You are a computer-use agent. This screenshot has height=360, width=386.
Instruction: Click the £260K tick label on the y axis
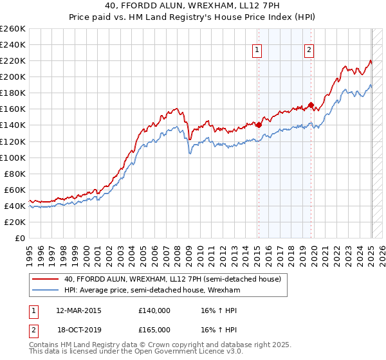13,29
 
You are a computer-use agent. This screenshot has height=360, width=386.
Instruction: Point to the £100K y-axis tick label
13,157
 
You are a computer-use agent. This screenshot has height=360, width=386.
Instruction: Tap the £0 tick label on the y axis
20,238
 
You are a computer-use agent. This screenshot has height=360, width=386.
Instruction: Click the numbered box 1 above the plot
257,51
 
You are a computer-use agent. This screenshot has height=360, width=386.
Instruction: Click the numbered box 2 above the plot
309,51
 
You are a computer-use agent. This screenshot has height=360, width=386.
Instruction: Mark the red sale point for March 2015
259,125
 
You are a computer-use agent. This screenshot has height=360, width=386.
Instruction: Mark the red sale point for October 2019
311,105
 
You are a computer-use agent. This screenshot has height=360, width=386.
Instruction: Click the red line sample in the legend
46,280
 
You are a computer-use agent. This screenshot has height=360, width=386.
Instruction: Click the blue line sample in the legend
46,290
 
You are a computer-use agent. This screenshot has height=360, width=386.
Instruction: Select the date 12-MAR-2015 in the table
79,310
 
